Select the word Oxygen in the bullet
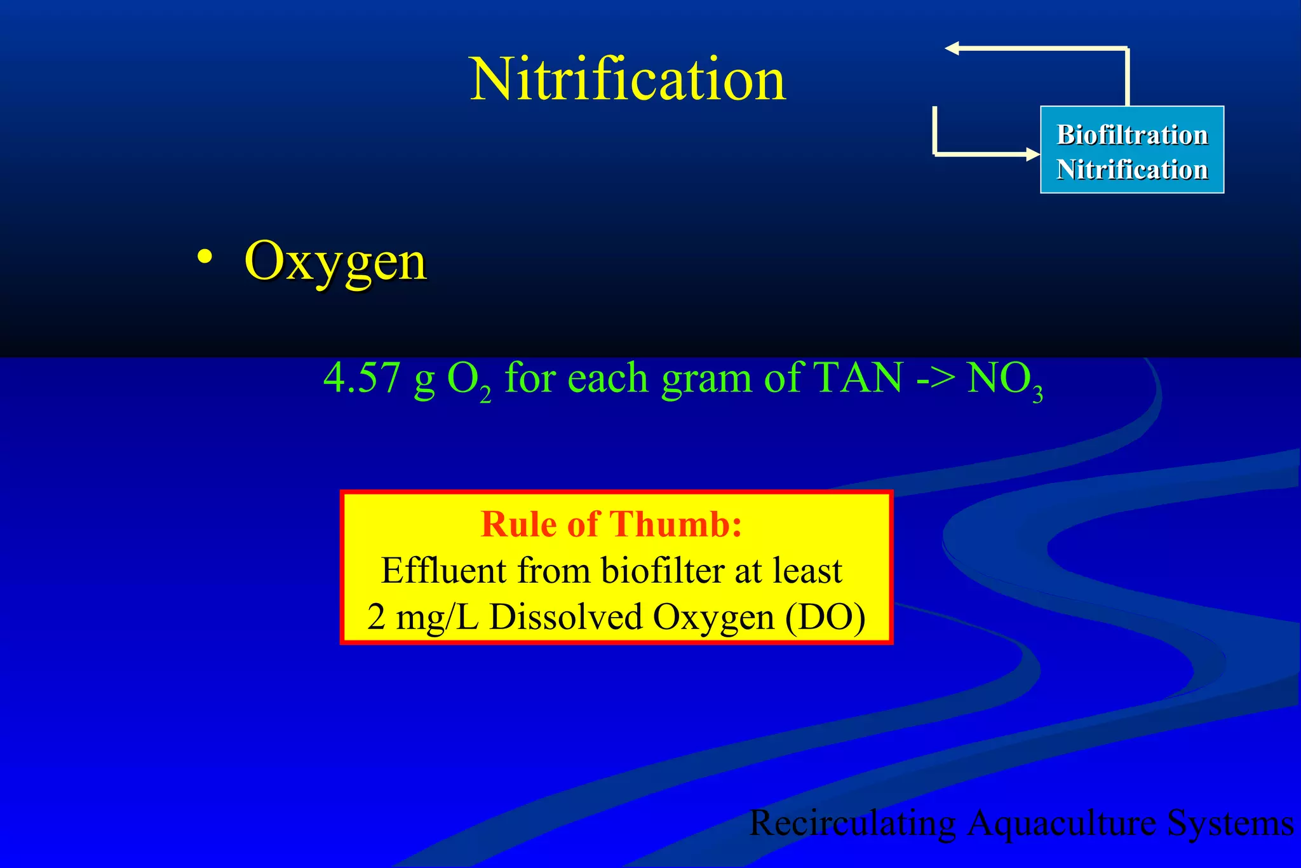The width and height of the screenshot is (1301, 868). pyautogui.click(x=335, y=262)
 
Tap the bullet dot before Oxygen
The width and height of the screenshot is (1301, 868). pyautogui.click(x=204, y=257)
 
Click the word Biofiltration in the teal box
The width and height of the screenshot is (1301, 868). pyautogui.click(x=1132, y=135)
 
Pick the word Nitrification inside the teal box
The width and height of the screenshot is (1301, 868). pyautogui.click(x=1132, y=170)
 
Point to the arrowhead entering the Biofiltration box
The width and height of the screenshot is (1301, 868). pyautogui.click(x=1032, y=154)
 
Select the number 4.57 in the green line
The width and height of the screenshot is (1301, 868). pyautogui.click(x=361, y=378)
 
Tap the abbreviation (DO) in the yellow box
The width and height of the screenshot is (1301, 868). pyautogui.click(x=825, y=617)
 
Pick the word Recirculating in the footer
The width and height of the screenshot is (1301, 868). pyautogui.click(x=853, y=824)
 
